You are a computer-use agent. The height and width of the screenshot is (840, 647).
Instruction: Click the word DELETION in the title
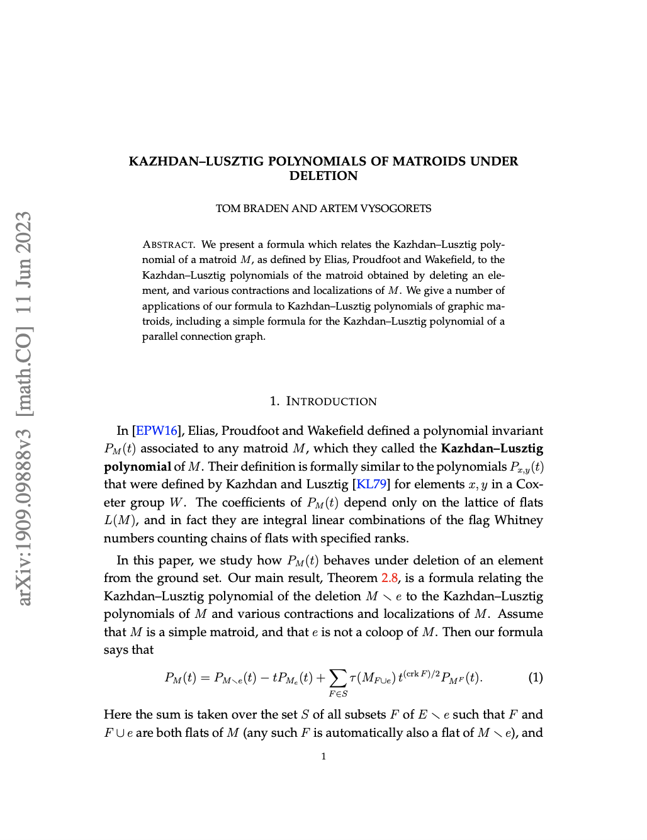[323, 176]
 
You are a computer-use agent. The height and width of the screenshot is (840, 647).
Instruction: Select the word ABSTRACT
[169, 245]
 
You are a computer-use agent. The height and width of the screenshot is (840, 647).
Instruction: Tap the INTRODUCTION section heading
[331, 401]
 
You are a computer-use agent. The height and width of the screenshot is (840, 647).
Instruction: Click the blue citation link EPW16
[157, 431]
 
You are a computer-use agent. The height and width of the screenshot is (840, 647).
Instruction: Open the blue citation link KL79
[371, 484]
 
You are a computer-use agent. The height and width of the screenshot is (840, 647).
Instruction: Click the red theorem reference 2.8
[390, 578]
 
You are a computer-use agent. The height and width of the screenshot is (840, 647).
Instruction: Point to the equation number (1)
[536, 678]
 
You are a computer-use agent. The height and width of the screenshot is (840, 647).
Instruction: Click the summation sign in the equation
[338, 678]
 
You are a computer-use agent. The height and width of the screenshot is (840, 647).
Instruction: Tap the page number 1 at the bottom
[323, 756]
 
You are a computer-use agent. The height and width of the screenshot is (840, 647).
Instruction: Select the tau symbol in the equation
[353, 678]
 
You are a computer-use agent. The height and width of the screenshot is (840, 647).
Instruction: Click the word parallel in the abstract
[160, 337]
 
